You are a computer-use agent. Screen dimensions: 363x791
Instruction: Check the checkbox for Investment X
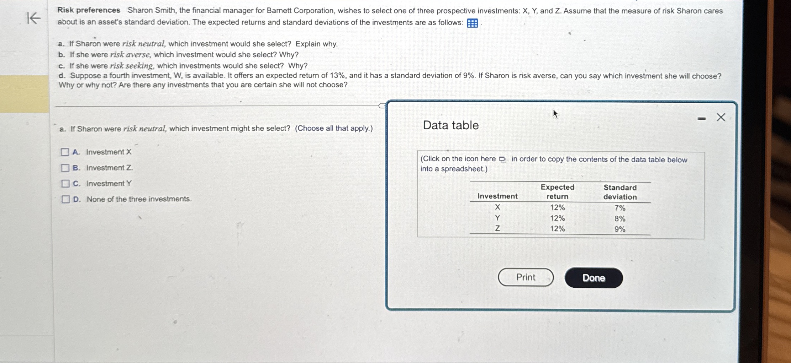click(x=65, y=152)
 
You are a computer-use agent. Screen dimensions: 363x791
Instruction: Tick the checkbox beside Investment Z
click(x=65, y=168)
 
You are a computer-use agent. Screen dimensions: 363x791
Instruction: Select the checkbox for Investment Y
click(x=65, y=184)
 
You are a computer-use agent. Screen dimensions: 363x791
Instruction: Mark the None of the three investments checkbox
click(x=65, y=199)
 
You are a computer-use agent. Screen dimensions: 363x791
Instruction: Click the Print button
click(x=526, y=277)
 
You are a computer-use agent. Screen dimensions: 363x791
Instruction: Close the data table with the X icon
click(x=721, y=117)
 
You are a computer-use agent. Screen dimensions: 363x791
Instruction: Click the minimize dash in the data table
click(x=701, y=119)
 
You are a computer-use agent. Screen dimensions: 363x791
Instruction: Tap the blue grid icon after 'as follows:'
click(x=472, y=23)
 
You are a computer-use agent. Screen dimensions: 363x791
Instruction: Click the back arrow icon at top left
click(x=34, y=18)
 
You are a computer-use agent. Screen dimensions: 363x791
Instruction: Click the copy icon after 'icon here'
click(x=502, y=159)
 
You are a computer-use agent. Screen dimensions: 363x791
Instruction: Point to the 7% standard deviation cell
click(x=620, y=208)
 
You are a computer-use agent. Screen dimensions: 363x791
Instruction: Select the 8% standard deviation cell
click(x=620, y=218)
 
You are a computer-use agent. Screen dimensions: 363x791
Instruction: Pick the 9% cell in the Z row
click(x=620, y=229)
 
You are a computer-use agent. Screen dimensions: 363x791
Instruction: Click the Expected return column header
click(x=557, y=192)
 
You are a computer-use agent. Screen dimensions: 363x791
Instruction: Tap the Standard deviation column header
click(x=620, y=192)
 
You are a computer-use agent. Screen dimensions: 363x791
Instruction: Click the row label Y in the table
click(x=497, y=218)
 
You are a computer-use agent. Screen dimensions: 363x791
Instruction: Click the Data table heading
click(x=451, y=125)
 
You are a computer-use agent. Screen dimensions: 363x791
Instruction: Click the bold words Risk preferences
click(x=89, y=10)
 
